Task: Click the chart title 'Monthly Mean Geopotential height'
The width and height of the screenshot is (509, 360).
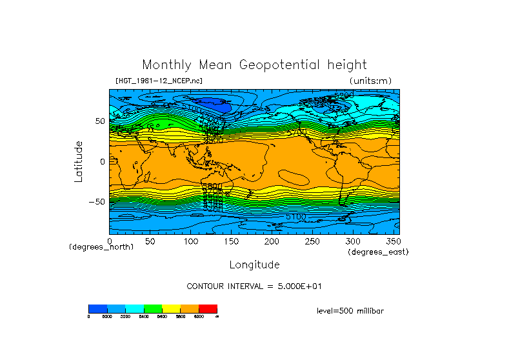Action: pyautogui.click(x=254, y=65)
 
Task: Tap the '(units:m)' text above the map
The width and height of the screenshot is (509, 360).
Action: pyautogui.click(x=370, y=81)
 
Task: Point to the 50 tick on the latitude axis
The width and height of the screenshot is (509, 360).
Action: pyautogui.click(x=100, y=121)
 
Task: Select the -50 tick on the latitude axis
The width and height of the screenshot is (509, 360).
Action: pyautogui.click(x=97, y=201)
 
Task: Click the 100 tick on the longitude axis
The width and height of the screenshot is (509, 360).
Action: pyautogui.click(x=190, y=241)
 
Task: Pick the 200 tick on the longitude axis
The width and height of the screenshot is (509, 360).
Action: pyautogui.click(x=272, y=241)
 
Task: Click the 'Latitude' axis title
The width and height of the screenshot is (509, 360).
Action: pyautogui.click(x=79, y=161)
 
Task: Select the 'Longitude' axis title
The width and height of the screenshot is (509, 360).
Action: pyautogui.click(x=254, y=265)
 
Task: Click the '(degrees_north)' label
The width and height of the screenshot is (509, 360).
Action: pyautogui.click(x=101, y=247)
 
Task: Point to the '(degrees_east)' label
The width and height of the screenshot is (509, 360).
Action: pyautogui.click(x=378, y=252)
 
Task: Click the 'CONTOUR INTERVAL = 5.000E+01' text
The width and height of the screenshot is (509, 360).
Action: pyautogui.click(x=254, y=286)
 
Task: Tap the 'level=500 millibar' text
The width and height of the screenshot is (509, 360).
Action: pyautogui.click(x=350, y=311)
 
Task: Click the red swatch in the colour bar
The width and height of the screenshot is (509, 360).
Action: pyautogui.click(x=208, y=309)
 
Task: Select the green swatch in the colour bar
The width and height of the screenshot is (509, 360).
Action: pyautogui.click(x=153, y=309)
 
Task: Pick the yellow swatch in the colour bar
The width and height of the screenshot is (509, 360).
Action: pyautogui.click(x=171, y=309)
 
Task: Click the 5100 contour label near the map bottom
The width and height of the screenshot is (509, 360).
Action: pyautogui.click(x=295, y=217)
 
